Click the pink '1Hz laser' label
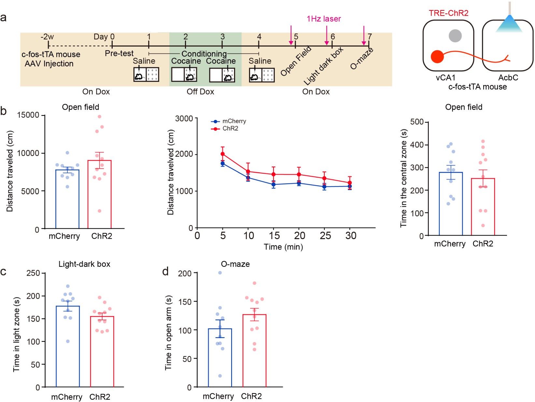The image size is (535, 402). pos(323,19)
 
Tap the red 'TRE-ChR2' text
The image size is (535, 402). pos(448,13)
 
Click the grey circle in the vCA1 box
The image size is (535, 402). pos(455,36)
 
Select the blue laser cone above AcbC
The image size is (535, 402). pos(509,24)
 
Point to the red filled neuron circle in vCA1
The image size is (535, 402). pos(437,57)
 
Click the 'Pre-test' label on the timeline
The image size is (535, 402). pos(119,53)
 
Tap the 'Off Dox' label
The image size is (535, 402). pos(200,92)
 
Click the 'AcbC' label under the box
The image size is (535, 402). pos(508,78)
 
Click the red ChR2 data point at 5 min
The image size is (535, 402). pos(223,154)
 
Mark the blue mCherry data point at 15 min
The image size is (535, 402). pos(274,185)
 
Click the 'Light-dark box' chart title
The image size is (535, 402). pos(84,264)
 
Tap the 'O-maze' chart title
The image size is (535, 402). pos(235,264)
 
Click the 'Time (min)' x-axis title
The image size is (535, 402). pos(283,247)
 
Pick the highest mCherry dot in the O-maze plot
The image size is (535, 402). pos(220,273)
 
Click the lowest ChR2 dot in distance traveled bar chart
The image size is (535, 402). pos(100,211)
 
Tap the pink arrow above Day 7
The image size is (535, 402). pos(364,35)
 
